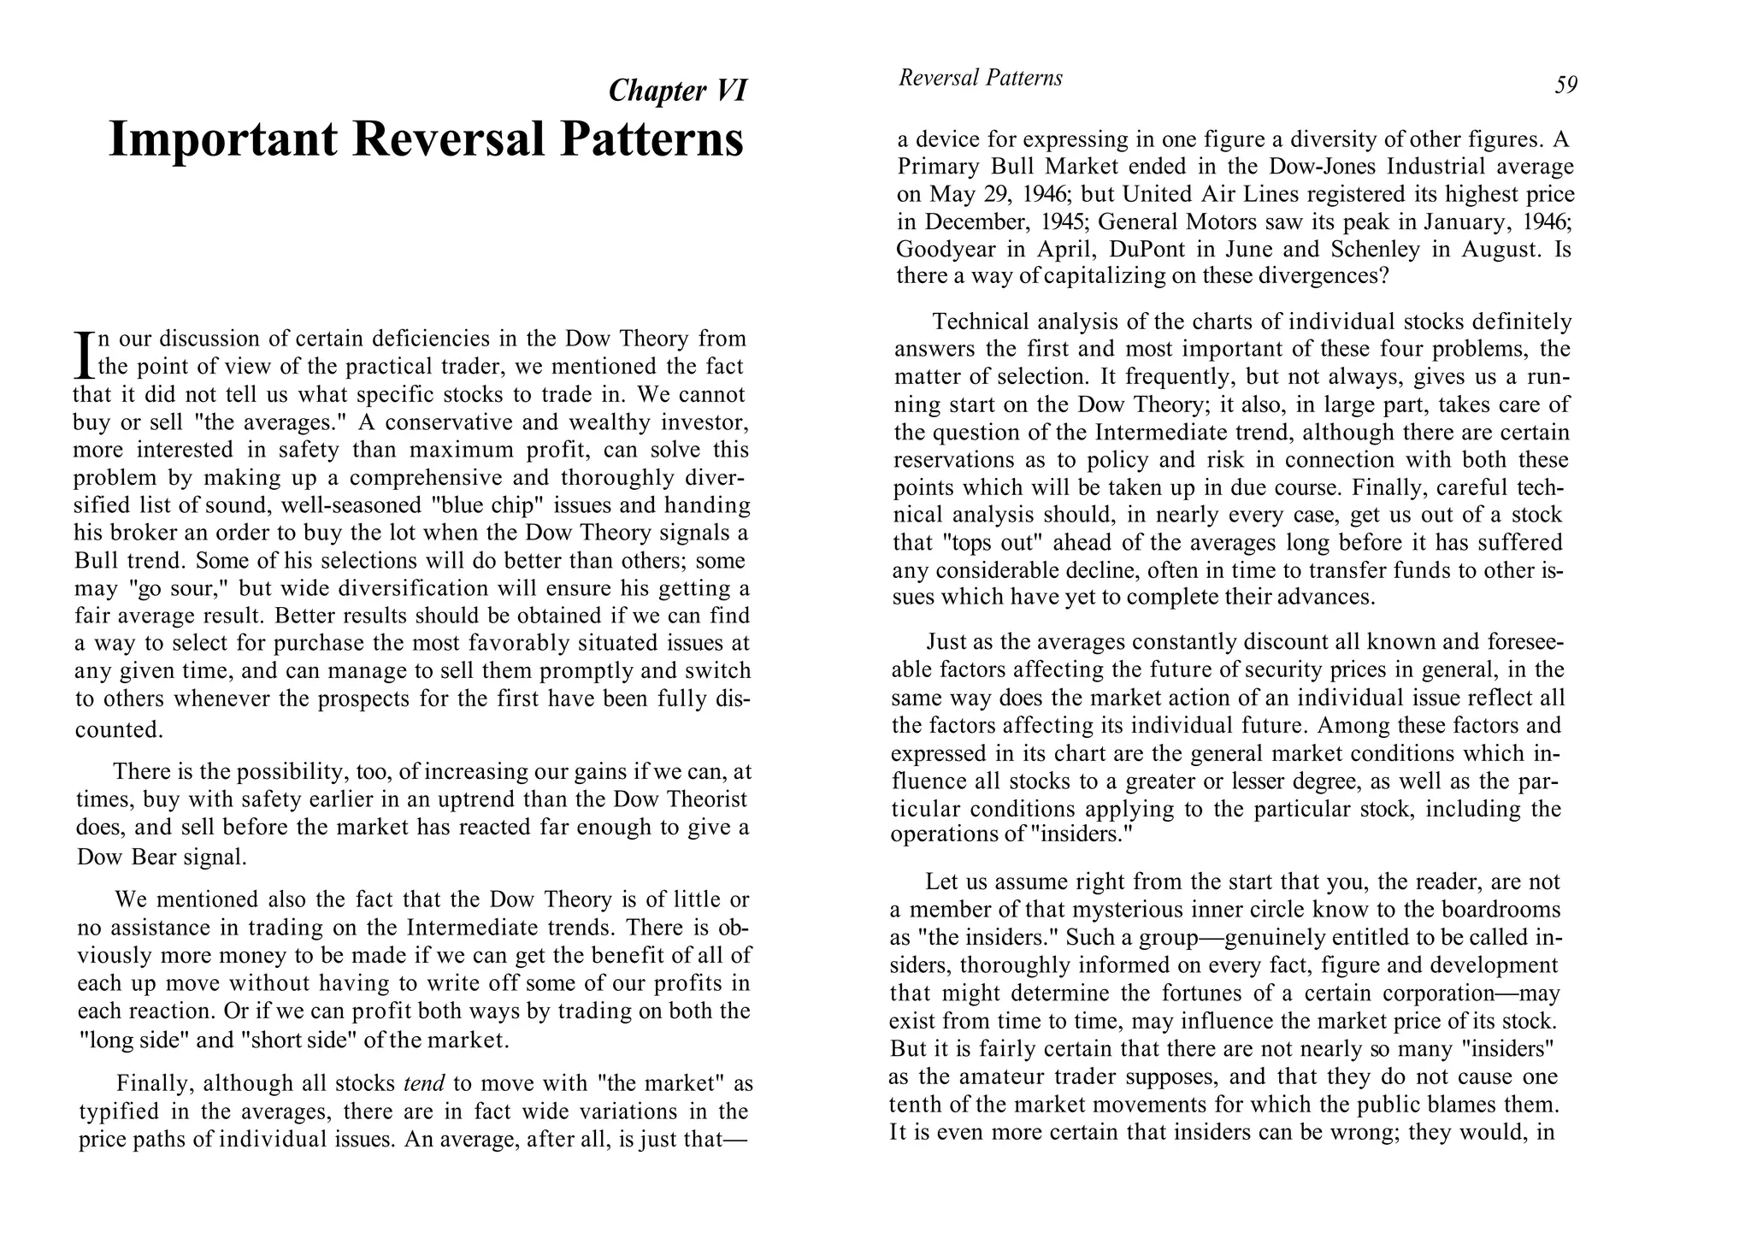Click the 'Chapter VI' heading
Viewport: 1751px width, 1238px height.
click(677, 90)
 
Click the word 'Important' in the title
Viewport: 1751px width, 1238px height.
click(223, 139)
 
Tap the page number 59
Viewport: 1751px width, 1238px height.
click(1565, 85)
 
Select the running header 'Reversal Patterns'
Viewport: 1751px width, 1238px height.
click(980, 78)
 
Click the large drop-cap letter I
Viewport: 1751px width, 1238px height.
click(84, 355)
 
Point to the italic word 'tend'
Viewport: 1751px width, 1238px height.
click(424, 1083)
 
